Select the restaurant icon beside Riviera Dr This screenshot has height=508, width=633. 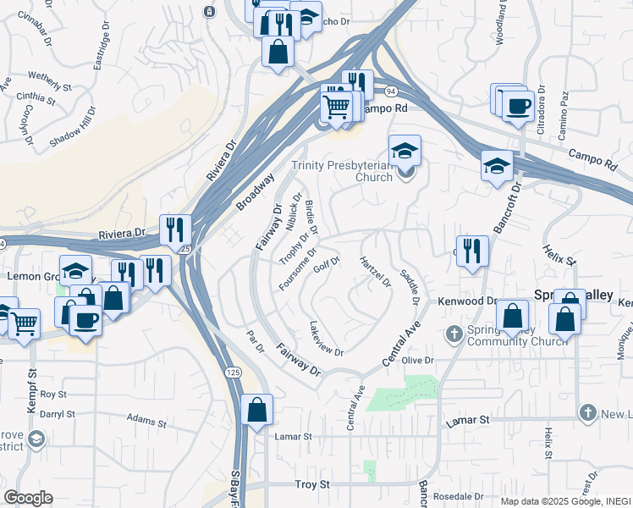point(175,229)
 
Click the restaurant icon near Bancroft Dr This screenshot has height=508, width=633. point(472,251)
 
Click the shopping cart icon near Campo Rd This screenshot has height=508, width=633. point(336,107)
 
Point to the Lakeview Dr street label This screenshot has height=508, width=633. point(327,340)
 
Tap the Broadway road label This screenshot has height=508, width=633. point(256,193)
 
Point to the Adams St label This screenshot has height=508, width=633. point(147,418)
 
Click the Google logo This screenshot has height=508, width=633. point(28,498)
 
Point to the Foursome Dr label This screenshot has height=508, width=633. point(297,268)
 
